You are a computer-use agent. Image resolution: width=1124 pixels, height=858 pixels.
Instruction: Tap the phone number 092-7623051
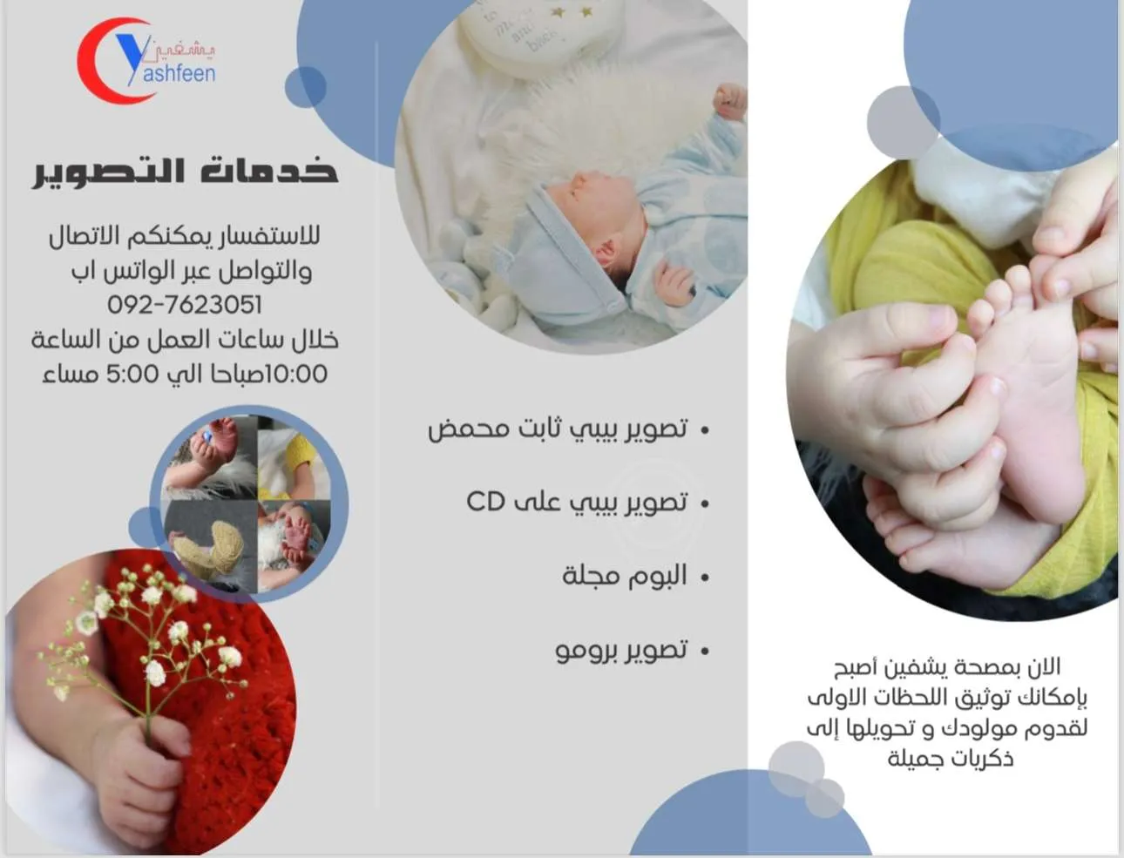185,305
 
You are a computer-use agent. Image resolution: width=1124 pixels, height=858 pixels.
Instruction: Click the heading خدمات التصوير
185,170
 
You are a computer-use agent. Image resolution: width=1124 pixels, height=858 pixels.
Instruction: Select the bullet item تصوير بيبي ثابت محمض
558,429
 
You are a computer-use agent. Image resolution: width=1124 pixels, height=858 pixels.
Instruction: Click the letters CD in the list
485,502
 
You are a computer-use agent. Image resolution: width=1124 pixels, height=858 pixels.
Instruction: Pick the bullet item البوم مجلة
624,576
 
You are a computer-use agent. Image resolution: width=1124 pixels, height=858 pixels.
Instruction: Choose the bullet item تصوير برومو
621,650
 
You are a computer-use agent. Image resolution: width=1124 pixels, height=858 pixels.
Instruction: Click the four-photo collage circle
249,503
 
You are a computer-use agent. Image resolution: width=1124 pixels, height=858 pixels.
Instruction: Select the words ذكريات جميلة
950,759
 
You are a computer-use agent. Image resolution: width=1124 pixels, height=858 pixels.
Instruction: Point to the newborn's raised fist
730,100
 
